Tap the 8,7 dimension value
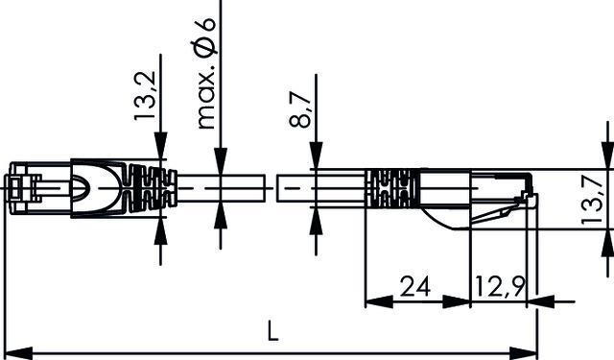pos(302,107)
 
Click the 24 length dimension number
pos(414,285)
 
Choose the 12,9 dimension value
pos(498,285)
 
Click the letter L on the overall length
pos(272,333)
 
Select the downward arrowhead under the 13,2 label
pos(159,148)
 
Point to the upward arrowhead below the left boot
pos(159,231)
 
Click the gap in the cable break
pos(272,188)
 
